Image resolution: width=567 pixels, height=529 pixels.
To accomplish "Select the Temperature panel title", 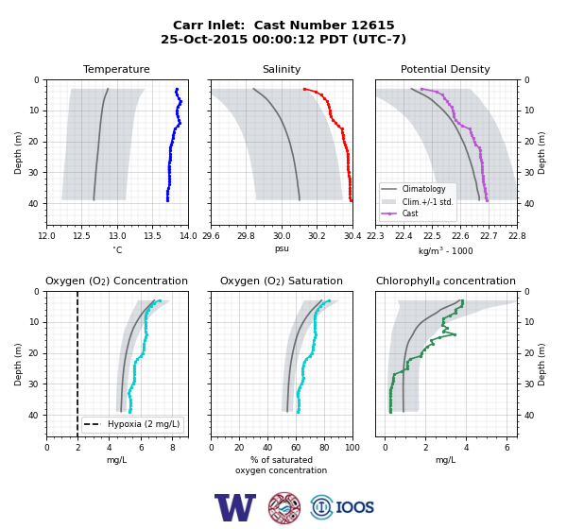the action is point(116,69).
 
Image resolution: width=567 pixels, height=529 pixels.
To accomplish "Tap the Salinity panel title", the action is point(282,69).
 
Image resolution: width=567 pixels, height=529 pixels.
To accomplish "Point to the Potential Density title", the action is point(445,69).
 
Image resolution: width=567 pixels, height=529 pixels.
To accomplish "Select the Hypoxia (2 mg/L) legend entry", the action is point(132,424).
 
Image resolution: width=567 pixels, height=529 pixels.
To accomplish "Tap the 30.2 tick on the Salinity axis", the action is point(318,236).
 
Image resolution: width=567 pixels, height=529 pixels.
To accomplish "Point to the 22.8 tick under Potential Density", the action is point(517,236).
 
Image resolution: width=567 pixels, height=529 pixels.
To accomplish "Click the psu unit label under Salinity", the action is point(282,248).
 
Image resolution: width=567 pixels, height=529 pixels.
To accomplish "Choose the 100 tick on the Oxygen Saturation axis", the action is point(352,448).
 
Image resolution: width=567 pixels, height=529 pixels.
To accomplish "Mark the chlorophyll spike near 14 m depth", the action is point(455,334).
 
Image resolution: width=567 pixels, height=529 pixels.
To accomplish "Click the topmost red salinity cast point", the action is point(305,89).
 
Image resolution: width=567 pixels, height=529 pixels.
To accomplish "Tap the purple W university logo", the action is point(235,507).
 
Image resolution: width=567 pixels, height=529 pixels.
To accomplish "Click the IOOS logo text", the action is point(354,507).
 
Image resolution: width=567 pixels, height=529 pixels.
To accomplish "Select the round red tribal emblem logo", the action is point(284,507).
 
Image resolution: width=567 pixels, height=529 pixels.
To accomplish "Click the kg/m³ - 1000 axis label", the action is point(445,250).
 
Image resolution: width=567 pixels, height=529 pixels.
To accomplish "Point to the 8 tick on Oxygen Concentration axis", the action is point(173,448).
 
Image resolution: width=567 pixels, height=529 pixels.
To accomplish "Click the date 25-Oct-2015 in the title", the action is point(204,39).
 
